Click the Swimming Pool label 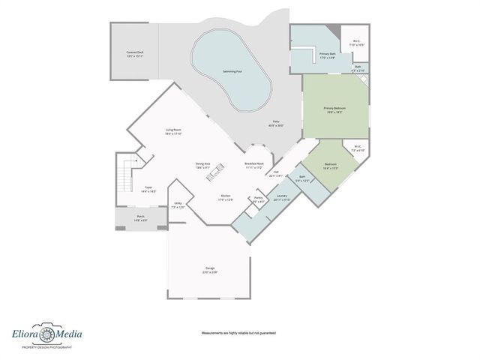pos(232,71)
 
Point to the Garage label pos(209,269)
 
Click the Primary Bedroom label pos(334,109)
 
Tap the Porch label pos(141,219)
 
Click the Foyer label pos(149,189)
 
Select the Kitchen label pos(225,197)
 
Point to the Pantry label pos(258,199)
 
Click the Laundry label pos(282,197)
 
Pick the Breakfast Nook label pos(254,165)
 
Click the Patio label pos(277,124)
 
